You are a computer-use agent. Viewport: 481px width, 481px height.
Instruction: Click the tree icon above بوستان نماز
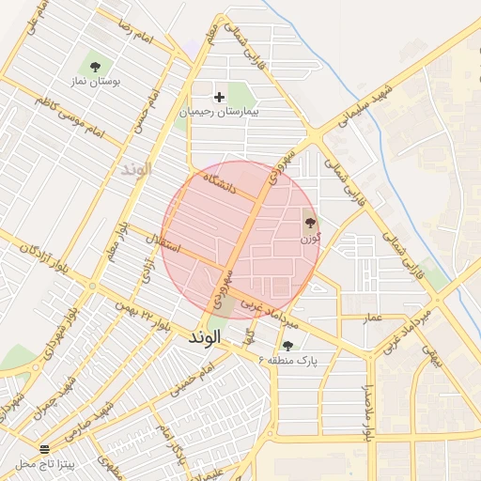[95, 66]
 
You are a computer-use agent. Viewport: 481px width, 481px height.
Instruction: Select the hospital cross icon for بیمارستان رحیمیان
[220, 96]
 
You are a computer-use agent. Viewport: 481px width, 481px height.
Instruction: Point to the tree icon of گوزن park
[310, 223]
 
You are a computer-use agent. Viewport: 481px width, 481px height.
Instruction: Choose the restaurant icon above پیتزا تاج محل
[43, 449]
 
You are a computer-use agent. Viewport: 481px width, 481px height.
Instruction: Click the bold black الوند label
[204, 335]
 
